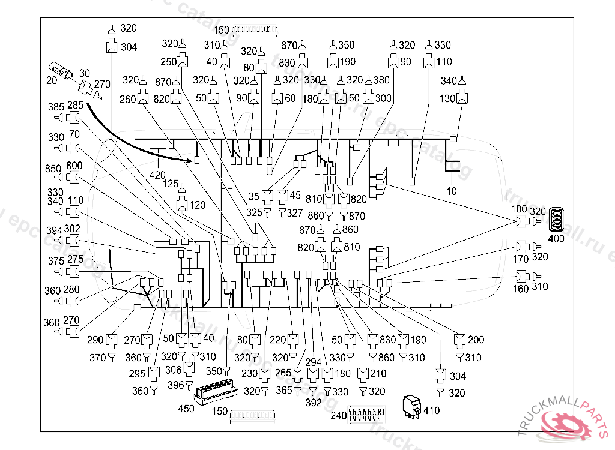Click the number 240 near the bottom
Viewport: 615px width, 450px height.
pyautogui.click(x=339, y=415)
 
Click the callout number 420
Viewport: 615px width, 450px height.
pyautogui.click(x=157, y=175)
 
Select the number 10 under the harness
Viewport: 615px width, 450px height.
pyautogui.click(x=452, y=191)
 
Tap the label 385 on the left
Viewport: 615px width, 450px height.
pyautogui.click(x=56, y=107)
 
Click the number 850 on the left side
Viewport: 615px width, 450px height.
pyautogui.click(x=54, y=169)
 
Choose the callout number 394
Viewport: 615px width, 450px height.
pyautogui.click(x=55, y=230)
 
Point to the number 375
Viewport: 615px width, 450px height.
pyautogui.click(x=56, y=261)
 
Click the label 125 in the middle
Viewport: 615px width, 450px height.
pyautogui.click(x=171, y=184)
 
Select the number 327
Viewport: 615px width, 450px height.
pyautogui.click(x=294, y=212)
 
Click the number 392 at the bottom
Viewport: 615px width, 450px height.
pyautogui.click(x=314, y=403)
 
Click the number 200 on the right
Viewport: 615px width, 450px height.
pyautogui.click(x=475, y=340)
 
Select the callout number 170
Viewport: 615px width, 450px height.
pyautogui.click(x=521, y=259)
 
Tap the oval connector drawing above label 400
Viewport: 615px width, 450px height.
pyautogui.click(x=559, y=218)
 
